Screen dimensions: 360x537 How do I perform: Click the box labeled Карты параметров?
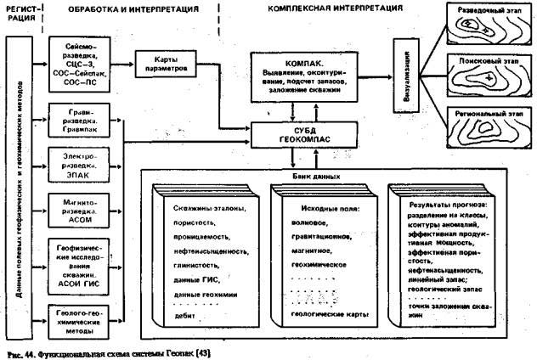(x=167, y=64)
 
